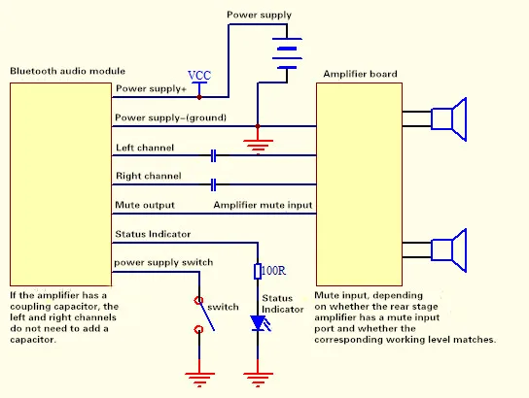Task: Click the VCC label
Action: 199,75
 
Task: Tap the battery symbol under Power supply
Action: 287,53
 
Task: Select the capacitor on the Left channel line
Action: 213,155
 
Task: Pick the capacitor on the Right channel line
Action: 213,184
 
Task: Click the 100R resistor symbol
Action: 258,272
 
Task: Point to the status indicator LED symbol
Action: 260,323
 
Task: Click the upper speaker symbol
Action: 449,119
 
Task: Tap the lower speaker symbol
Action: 449,250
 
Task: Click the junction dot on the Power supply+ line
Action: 199,97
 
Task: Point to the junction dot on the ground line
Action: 258,126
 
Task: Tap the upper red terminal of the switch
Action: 198,300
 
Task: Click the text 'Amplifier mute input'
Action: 263,205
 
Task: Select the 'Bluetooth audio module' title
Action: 67,71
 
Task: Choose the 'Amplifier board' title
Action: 360,74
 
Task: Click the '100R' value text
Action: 273,271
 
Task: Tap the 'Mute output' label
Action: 145,205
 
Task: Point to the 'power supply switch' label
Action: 163,263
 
